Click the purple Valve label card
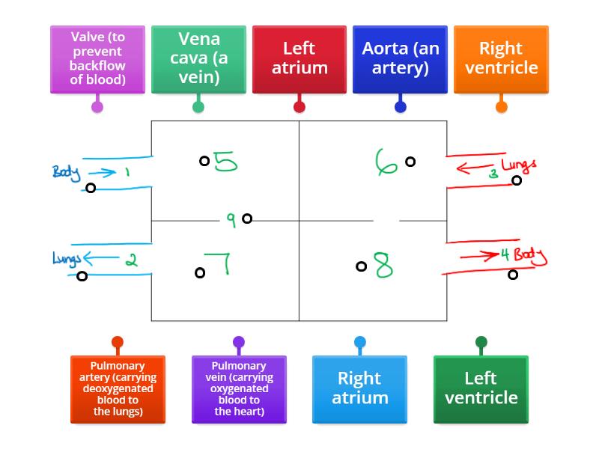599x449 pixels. (x=97, y=59)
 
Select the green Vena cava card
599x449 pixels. (x=198, y=59)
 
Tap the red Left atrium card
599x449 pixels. (x=299, y=59)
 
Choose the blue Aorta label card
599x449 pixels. (x=400, y=59)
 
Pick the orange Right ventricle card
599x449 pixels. (x=501, y=59)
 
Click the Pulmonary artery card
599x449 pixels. (x=118, y=389)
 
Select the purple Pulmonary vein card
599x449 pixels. (x=239, y=389)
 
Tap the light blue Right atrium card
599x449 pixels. (x=359, y=389)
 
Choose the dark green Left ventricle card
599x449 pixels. (x=481, y=389)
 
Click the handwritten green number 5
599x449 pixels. (x=225, y=162)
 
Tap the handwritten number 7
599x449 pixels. (x=219, y=265)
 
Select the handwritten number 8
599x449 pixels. (x=383, y=266)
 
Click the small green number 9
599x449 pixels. (x=231, y=219)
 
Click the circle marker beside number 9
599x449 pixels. (x=247, y=219)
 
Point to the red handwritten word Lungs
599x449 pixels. (x=519, y=165)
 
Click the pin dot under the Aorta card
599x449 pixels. (x=400, y=107)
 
